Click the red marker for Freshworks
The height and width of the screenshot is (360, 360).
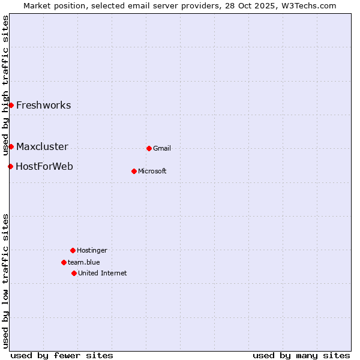coord(11,105)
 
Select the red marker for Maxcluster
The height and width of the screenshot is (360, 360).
coord(11,146)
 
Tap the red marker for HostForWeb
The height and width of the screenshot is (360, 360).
coord(10,166)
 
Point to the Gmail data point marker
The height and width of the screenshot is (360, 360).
coord(149,148)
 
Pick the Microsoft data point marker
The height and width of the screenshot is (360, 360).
coord(134,171)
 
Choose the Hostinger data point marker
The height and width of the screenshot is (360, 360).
coord(73,250)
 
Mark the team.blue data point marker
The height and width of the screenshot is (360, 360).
coord(64,262)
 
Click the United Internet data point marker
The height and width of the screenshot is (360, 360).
coord(74,273)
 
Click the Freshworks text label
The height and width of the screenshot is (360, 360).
coord(43,106)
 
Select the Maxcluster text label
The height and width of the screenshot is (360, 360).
coord(42,147)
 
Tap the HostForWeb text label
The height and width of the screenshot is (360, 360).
coord(44,167)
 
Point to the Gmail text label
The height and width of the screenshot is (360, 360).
coord(162,149)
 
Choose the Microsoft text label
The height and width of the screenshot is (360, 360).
coord(152,172)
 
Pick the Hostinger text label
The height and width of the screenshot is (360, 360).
coord(92,251)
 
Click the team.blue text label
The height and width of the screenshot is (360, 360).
coord(84,263)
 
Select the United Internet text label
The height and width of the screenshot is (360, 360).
coord(103,274)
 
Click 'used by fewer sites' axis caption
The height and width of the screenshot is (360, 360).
coord(62,355)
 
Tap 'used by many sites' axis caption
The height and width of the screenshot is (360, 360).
coord(301,355)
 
